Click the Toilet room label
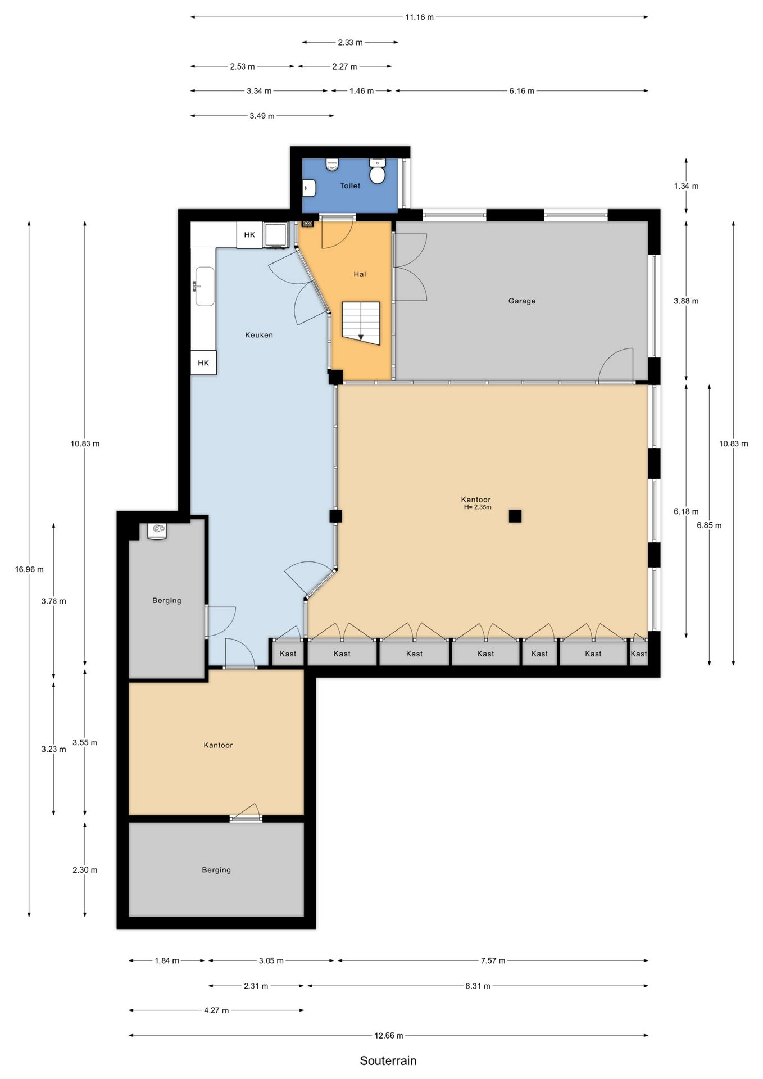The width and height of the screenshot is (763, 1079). pyautogui.click(x=350, y=185)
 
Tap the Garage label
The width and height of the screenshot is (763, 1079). pyautogui.click(x=522, y=301)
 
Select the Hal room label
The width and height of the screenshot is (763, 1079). pyautogui.click(x=360, y=274)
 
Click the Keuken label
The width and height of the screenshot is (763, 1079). pyautogui.click(x=259, y=335)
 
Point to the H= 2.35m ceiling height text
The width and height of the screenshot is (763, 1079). pyautogui.click(x=478, y=507)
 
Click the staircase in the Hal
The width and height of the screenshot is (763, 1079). pyautogui.click(x=361, y=323)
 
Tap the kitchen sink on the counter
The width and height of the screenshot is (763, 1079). pyautogui.click(x=205, y=287)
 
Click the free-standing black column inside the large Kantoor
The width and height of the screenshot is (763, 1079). pyautogui.click(x=515, y=516)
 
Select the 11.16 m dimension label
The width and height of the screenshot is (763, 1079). pyautogui.click(x=420, y=17)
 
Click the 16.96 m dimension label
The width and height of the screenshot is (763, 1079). pyautogui.click(x=29, y=569)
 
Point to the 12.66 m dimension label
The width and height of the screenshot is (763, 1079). pyautogui.click(x=389, y=1035)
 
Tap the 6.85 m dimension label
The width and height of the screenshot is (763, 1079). pyautogui.click(x=709, y=525)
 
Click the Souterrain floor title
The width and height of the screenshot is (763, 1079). pyautogui.click(x=388, y=1060)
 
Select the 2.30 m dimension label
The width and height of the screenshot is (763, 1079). pyautogui.click(x=85, y=870)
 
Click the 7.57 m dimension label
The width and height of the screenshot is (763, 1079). pyautogui.click(x=493, y=960)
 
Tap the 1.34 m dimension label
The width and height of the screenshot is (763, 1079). pyautogui.click(x=686, y=186)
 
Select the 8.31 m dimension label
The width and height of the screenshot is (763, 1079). pyautogui.click(x=478, y=986)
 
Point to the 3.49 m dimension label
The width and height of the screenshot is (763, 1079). pyautogui.click(x=262, y=116)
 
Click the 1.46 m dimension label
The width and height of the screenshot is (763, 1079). pyautogui.click(x=361, y=90)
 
